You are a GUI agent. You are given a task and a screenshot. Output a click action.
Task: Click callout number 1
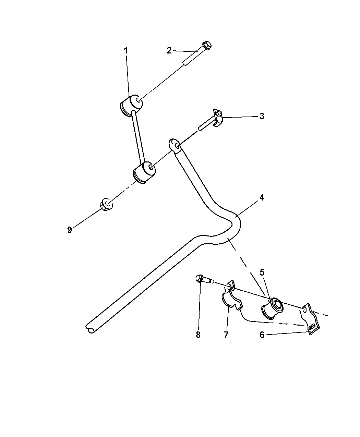click(125, 50)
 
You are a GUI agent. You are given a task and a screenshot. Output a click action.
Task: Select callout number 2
click(169, 50)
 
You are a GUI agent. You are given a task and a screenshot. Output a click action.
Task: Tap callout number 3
click(262, 116)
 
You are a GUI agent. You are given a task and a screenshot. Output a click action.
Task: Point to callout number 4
click(262, 197)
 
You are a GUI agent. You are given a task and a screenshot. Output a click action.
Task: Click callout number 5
click(262, 272)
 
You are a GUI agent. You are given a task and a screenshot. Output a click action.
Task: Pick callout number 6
click(262, 335)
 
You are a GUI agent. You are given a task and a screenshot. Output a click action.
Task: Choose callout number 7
click(226, 335)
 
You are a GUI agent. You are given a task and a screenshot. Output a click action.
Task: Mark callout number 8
click(198, 335)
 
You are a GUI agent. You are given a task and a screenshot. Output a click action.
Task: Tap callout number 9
click(70, 230)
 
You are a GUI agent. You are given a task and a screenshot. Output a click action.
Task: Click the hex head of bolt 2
click(207, 45)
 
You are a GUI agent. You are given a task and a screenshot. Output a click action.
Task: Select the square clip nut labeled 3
click(218, 118)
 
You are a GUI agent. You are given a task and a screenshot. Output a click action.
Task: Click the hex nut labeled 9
click(106, 204)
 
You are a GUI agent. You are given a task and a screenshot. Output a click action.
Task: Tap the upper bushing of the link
click(131, 105)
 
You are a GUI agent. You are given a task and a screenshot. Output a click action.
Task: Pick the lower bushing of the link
click(144, 172)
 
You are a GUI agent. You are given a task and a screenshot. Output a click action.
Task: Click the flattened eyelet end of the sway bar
click(175, 145)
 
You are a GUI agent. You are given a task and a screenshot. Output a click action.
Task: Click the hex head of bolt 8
click(199, 278)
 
